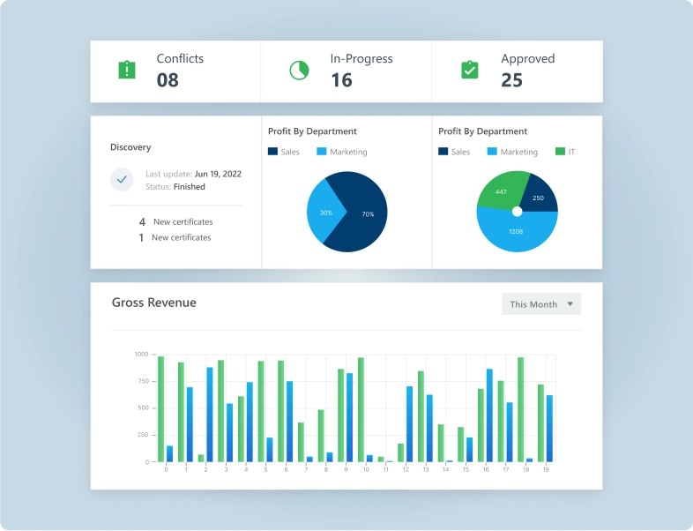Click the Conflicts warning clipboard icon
(127, 70)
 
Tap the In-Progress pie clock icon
(299, 70)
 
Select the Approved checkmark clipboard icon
(470, 70)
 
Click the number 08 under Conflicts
(168, 80)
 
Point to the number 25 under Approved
(511, 80)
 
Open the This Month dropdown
(541, 304)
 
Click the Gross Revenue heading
(154, 303)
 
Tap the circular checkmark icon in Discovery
(122, 180)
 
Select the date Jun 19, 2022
(218, 174)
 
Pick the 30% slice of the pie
(324, 213)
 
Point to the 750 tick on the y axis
(141, 381)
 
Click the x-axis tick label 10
(365, 469)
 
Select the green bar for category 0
(160, 408)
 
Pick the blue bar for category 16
(489, 415)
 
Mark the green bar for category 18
(520, 409)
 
